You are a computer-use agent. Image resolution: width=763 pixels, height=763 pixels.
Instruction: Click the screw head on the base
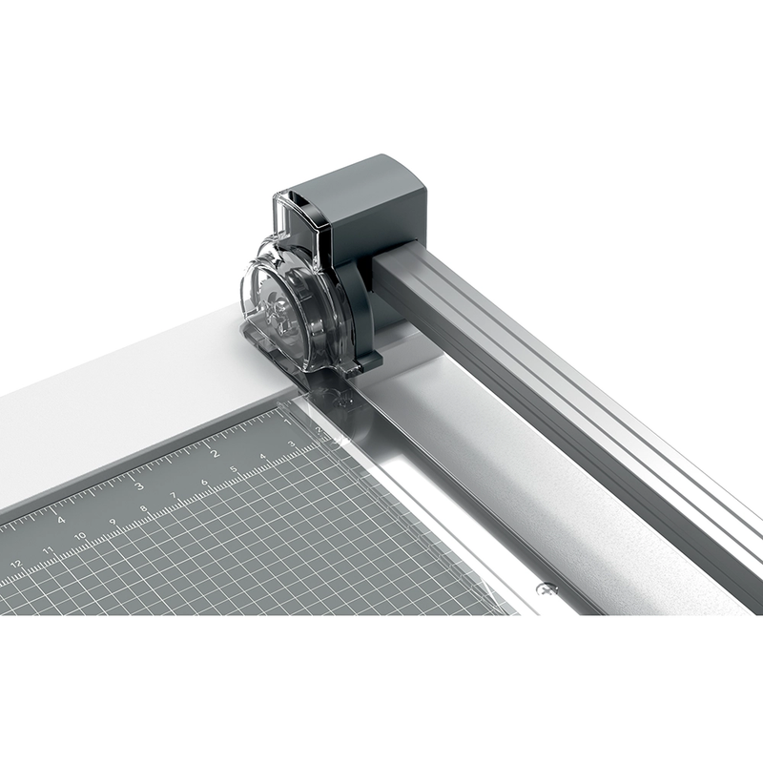(x=546, y=588)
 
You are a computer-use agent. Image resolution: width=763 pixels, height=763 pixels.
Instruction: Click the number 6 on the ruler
(x=204, y=484)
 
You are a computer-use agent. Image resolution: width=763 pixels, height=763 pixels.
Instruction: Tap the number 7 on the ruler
(x=174, y=496)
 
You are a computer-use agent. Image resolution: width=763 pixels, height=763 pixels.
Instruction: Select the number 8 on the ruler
(x=143, y=508)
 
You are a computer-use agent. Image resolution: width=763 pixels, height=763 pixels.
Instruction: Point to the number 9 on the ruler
(x=113, y=522)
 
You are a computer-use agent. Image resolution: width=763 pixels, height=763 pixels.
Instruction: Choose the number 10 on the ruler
(x=80, y=535)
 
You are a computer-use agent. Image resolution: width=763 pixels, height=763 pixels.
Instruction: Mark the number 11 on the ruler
(x=48, y=549)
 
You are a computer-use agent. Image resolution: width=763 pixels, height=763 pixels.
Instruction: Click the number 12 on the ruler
(x=15, y=564)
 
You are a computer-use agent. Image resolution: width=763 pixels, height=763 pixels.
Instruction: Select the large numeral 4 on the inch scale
(x=61, y=519)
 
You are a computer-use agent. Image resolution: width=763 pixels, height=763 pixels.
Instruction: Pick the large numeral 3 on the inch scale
(x=139, y=485)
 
